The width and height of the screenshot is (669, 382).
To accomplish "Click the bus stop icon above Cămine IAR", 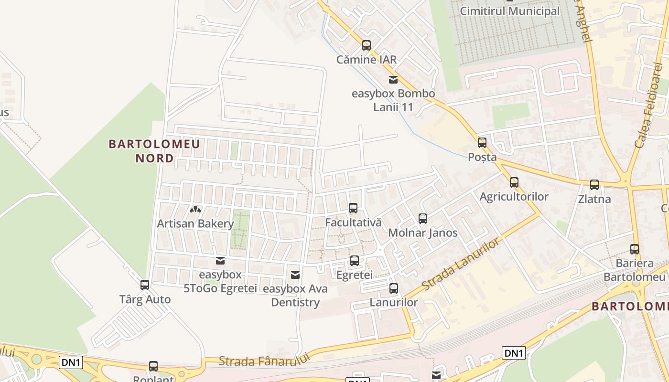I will [x=367, y=45].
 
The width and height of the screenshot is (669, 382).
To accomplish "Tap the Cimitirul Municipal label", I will [x=509, y=11].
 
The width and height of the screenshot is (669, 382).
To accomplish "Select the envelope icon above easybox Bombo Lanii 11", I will [x=393, y=80].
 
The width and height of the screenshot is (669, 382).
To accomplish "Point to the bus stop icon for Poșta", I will [x=482, y=142].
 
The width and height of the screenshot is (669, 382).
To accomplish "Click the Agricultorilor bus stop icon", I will [x=514, y=182].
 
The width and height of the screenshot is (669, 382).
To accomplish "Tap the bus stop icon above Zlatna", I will [x=594, y=185].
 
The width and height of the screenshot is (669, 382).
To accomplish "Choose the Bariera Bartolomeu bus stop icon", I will [x=635, y=249].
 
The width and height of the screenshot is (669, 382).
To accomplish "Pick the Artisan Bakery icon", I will [x=195, y=209].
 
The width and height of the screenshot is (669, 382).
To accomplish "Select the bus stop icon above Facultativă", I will [x=353, y=208].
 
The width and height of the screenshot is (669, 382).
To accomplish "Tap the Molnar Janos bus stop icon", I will [x=423, y=219].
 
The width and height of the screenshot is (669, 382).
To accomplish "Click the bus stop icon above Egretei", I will [x=355, y=261].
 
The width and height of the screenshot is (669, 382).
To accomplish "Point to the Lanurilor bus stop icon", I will [x=394, y=288].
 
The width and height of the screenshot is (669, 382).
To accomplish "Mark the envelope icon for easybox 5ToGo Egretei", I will [x=220, y=261].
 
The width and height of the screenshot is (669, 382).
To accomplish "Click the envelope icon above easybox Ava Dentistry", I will [x=295, y=275].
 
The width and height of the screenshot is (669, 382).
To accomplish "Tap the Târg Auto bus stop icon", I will [x=145, y=285].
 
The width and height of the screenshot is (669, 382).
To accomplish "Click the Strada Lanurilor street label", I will [x=461, y=264].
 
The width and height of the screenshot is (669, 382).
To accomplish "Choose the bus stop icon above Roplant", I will [x=153, y=366].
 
